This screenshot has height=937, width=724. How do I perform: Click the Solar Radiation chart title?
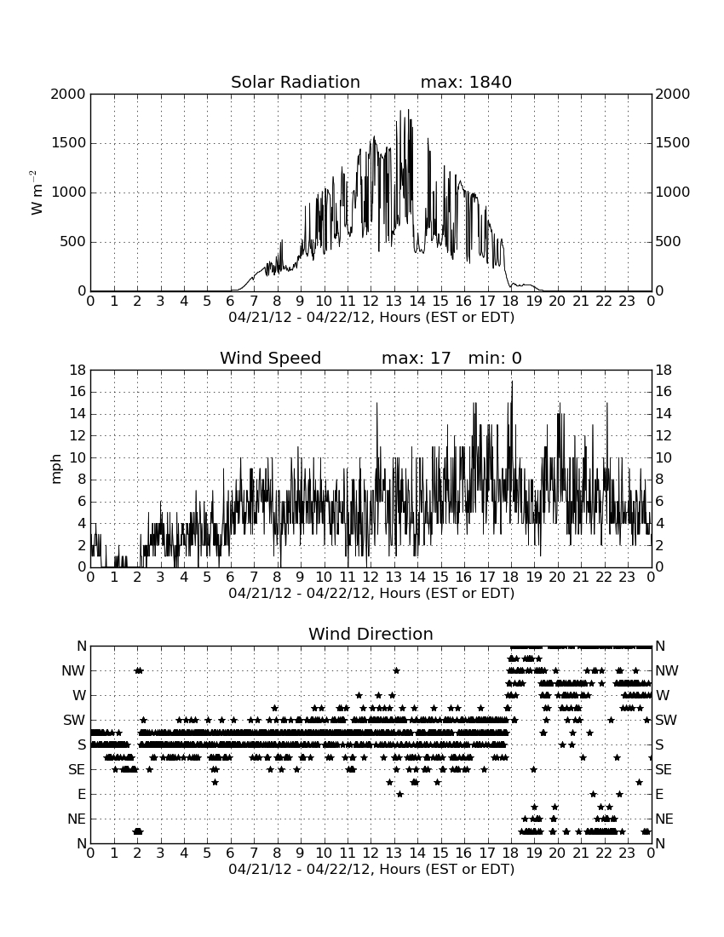point(295,82)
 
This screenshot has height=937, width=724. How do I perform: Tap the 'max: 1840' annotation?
point(466,82)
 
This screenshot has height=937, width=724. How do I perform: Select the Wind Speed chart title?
point(270,358)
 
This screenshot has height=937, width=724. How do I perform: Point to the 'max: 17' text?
point(416,358)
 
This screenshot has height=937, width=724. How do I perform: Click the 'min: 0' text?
point(495,358)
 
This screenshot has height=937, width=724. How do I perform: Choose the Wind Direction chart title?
point(371,634)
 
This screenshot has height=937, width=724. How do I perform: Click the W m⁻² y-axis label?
point(37,193)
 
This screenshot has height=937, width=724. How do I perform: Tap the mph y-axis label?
point(56,469)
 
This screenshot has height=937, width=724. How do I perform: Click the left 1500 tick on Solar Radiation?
point(69,143)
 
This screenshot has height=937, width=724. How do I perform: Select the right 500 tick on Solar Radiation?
point(669,241)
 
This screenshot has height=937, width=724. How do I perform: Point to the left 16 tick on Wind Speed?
point(78,392)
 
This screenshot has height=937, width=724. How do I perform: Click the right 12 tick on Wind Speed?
point(664,435)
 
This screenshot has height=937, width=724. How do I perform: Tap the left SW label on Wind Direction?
point(75,720)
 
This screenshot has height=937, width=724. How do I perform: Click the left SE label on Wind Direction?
point(77,770)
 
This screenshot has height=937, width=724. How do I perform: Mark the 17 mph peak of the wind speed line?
point(512,382)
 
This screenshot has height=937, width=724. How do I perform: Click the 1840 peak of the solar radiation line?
point(409,110)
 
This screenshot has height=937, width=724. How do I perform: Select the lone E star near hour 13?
point(399,794)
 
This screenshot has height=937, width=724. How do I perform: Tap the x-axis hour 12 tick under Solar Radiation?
point(371,301)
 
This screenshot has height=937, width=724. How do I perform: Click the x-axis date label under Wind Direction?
point(371,869)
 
